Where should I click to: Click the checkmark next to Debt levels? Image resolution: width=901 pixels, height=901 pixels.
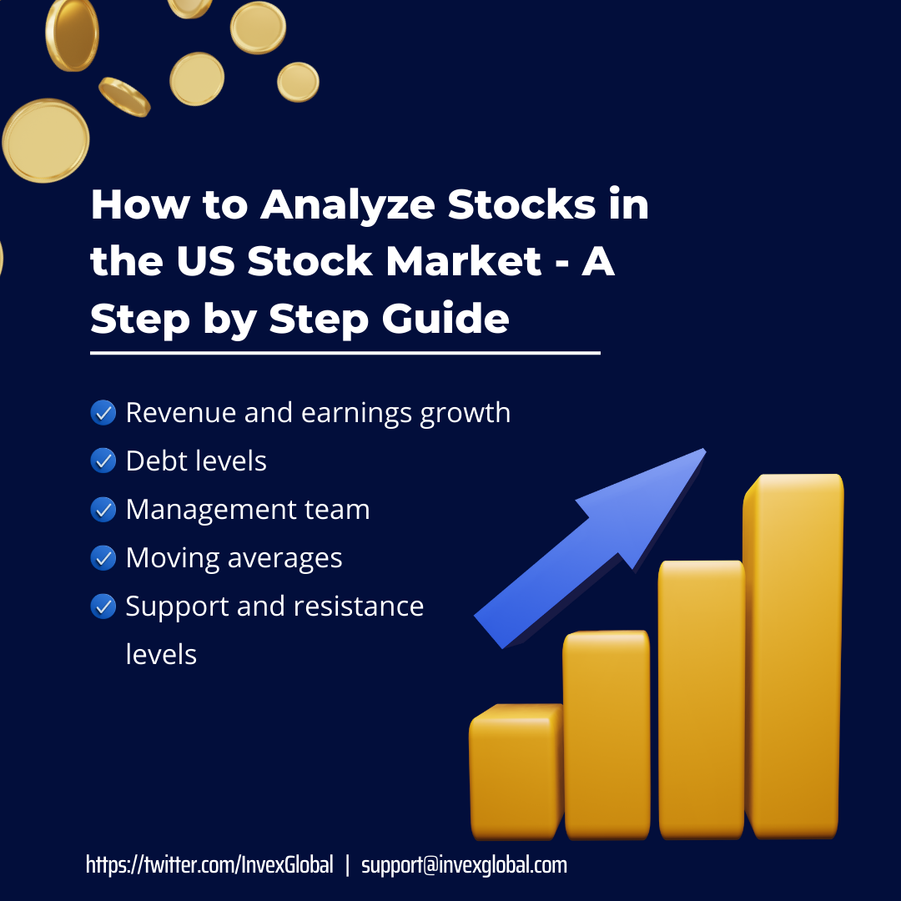tap(103, 461)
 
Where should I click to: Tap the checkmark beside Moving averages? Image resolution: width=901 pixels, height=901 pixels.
tap(103, 557)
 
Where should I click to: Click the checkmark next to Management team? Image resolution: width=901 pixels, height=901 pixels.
tap(103, 509)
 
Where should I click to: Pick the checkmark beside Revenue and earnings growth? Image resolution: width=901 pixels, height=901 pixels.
tap(103, 412)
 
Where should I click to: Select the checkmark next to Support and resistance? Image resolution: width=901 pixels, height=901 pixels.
tap(103, 606)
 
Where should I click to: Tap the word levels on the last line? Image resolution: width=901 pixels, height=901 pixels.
tap(161, 654)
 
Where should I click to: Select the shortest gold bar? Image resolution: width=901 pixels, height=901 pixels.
tap(515, 772)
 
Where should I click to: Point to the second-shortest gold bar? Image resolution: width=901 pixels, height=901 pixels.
tap(607, 734)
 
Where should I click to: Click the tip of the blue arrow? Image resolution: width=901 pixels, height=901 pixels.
tap(702, 453)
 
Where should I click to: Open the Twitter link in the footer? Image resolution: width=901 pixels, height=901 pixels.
tap(209, 865)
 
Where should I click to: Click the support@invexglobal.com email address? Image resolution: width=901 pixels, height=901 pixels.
tap(464, 865)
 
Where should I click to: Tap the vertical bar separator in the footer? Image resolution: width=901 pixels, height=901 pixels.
tap(347, 865)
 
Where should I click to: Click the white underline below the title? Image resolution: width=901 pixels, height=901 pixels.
tap(345, 353)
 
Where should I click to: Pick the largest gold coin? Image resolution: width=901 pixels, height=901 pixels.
tap(46, 140)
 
